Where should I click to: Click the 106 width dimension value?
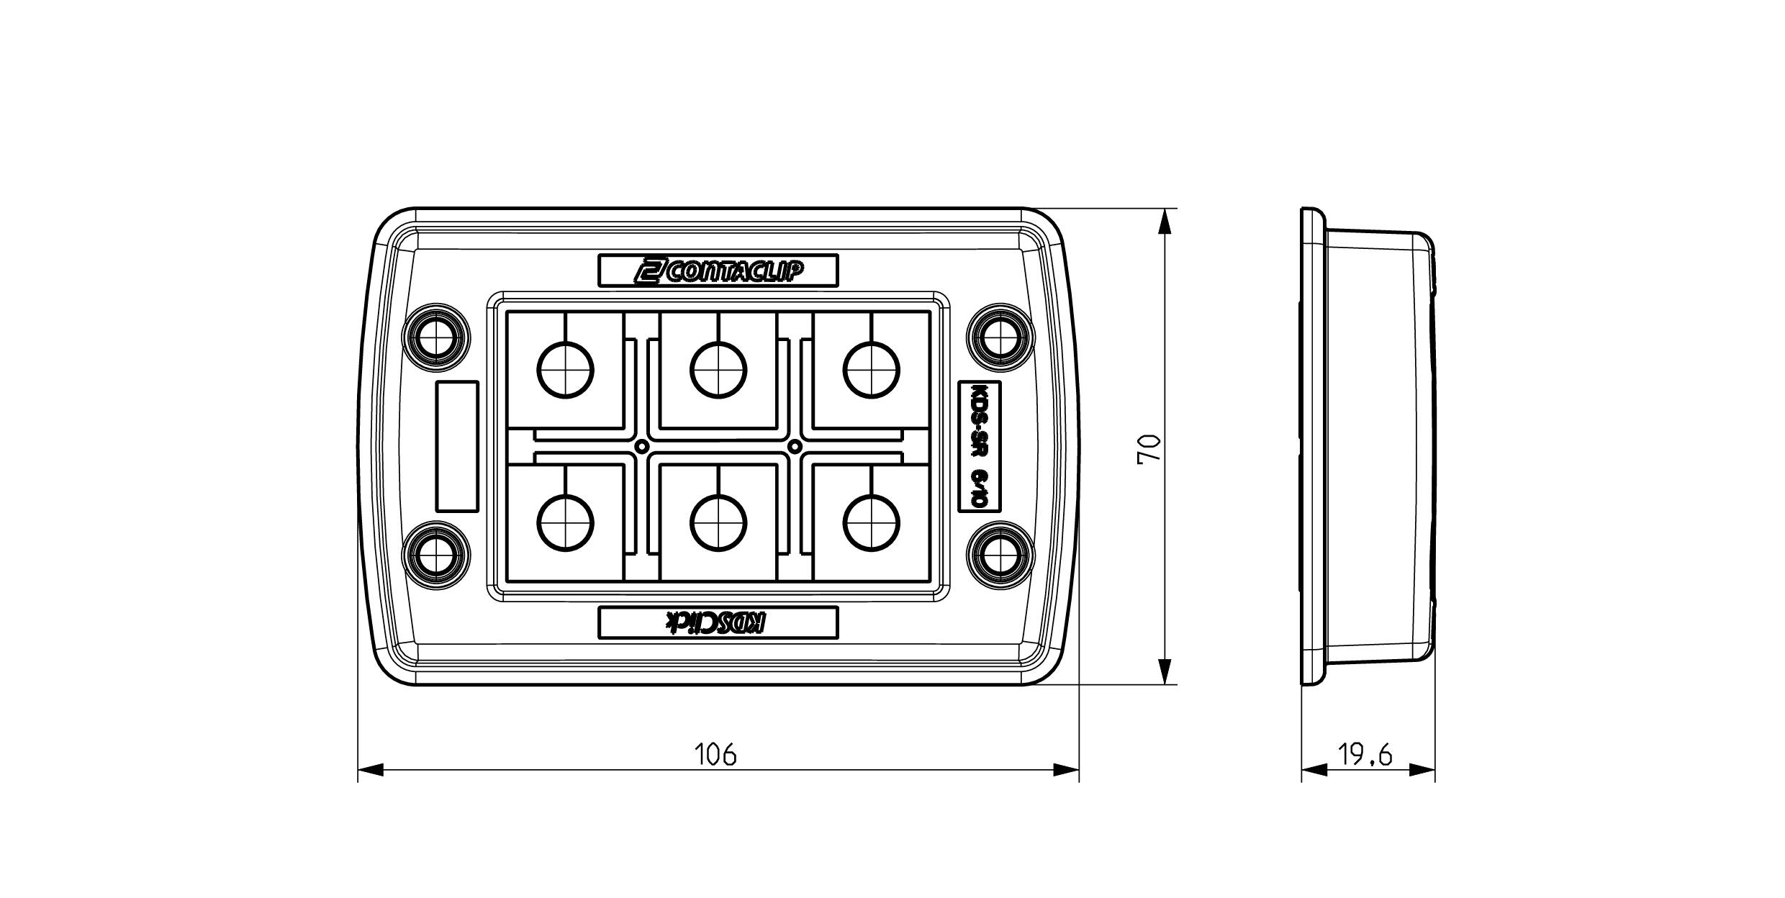pos(715,755)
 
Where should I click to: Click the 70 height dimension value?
pos(1149,448)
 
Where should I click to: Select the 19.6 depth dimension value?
pos(1365,755)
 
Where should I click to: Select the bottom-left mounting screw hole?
pos(436,556)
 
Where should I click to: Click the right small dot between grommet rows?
pos(795,447)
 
